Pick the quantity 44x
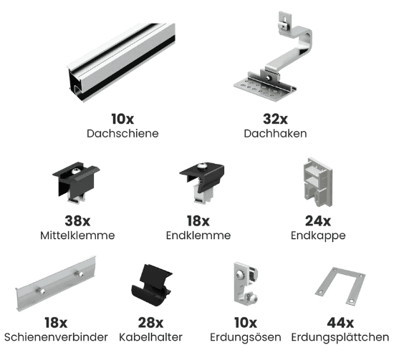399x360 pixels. (x=340, y=323)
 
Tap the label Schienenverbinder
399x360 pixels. (x=56, y=337)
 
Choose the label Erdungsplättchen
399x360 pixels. (x=340, y=337)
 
